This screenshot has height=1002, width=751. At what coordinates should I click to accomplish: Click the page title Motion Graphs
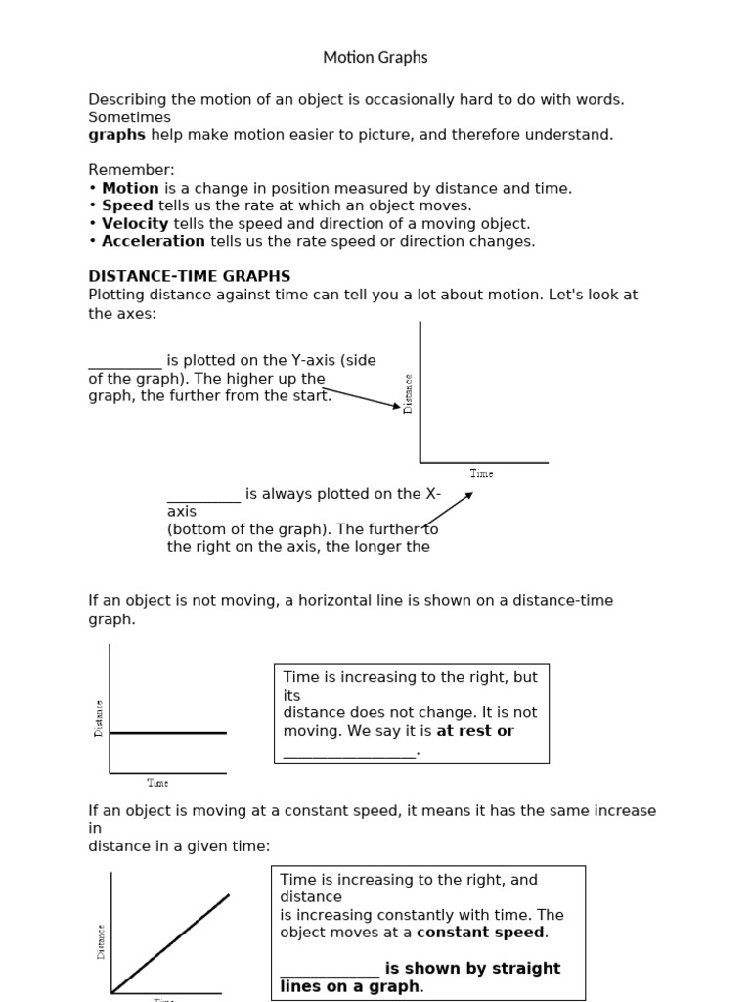[x=375, y=58]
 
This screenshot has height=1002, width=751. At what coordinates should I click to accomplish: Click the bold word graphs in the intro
[x=116, y=135]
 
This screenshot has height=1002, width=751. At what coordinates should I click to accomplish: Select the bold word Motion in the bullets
[x=130, y=188]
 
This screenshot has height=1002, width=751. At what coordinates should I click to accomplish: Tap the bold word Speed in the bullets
[x=127, y=205]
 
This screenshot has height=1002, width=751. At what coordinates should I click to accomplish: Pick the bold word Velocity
[x=135, y=223]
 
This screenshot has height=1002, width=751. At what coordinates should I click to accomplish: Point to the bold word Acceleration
[x=154, y=241]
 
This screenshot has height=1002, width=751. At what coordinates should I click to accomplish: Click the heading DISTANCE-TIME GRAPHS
[x=190, y=276]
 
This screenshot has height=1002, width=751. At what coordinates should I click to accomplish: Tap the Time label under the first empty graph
[x=481, y=474]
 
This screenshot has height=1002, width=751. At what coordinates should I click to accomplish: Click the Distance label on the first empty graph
[x=408, y=393]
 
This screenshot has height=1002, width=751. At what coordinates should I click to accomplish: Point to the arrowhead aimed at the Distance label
[x=396, y=406]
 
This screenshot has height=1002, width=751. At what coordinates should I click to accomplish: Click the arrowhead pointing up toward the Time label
[x=469, y=495]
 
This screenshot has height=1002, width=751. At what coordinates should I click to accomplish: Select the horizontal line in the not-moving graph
[x=167, y=732]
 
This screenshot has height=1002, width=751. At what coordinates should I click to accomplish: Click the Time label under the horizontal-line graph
[x=157, y=783]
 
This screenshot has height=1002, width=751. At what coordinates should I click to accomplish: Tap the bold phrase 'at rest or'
[x=475, y=731]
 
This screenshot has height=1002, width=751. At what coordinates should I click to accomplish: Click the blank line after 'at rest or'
[x=349, y=751]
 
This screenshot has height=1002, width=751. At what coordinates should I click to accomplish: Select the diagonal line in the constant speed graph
[x=171, y=942]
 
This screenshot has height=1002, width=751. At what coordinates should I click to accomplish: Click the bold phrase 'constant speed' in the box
[x=482, y=933]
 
